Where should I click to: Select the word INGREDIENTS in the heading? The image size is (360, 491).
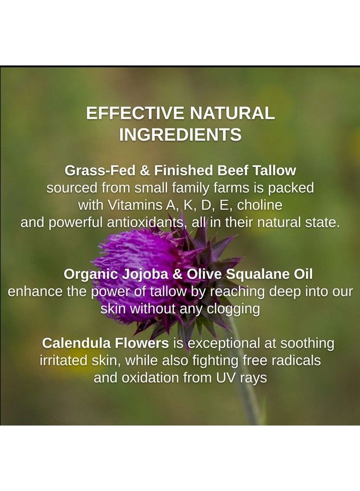click(x=180, y=135)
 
